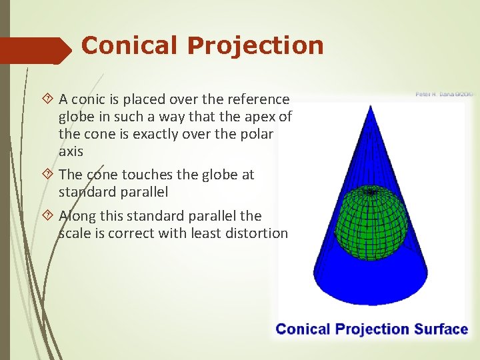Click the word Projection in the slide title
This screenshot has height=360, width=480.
[255, 45]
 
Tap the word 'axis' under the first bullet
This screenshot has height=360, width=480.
[71, 151]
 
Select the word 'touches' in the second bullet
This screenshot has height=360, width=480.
[139, 175]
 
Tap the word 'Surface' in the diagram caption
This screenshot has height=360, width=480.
[441, 329]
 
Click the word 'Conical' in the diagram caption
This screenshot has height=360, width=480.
[303, 329]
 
